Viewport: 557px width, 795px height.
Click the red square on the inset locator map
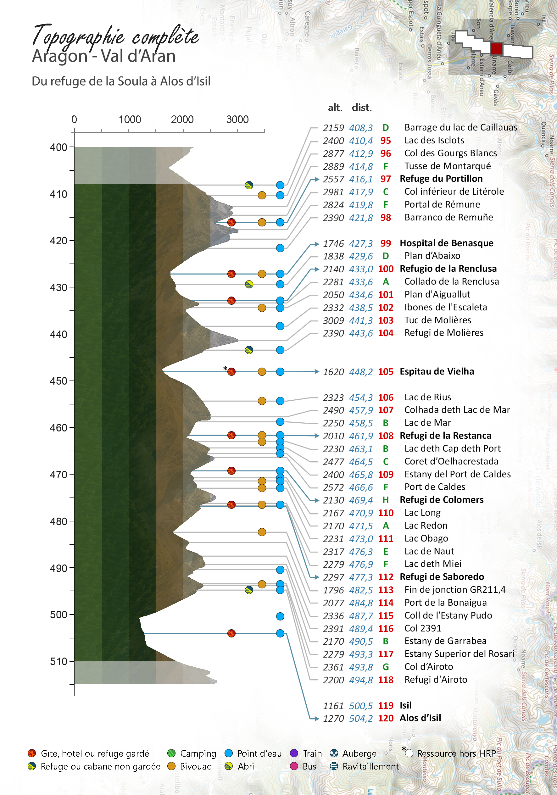(x=496, y=48)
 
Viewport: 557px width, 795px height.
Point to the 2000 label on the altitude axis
(x=182, y=120)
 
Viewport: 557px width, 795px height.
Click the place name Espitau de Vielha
(x=437, y=371)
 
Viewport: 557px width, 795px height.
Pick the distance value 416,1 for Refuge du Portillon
(x=361, y=179)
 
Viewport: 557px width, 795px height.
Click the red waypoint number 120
(x=386, y=718)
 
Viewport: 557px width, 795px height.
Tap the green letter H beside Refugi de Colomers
(x=386, y=500)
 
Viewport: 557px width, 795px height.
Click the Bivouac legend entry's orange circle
(x=171, y=766)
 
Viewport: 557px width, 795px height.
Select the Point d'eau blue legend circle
(x=229, y=753)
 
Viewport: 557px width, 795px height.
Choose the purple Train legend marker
(x=294, y=753)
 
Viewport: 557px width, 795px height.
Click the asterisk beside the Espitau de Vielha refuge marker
(x=225, y=369)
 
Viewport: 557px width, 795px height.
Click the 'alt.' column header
(x=335, y=108)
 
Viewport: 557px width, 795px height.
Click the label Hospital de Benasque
(x=446, y=243)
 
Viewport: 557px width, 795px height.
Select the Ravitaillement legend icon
(x=334, y=766)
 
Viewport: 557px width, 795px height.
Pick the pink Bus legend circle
(x=294, y=766)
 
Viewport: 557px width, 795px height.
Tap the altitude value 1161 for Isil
(x=333, y=706)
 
